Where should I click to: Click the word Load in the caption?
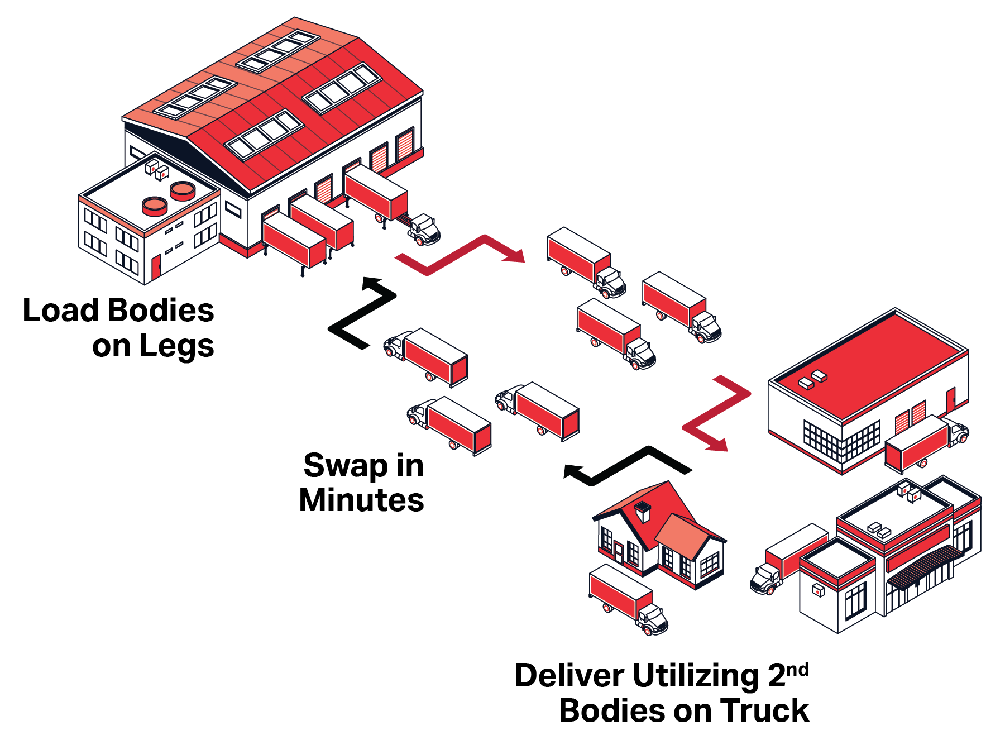[x=60, y=311]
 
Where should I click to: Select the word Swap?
[x=346, y=466]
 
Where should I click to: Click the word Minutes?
[x=361, y=500]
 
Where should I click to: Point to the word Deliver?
[x=569, y=676]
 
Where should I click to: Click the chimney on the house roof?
[x=643, y=511]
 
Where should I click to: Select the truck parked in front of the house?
[x=628, y=599]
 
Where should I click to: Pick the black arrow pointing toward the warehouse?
[x=362, y=313]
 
